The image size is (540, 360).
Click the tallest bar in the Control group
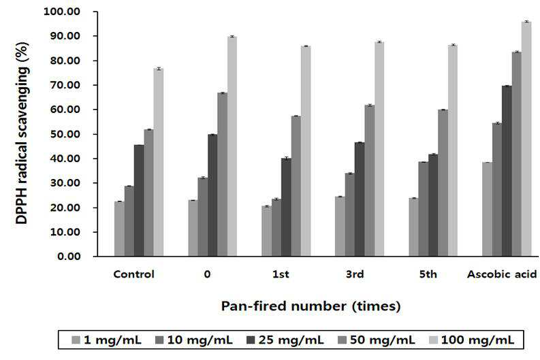tap(159, 163)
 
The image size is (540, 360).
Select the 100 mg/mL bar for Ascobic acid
tap(526, 139)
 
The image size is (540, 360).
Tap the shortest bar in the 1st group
tap(266, 231)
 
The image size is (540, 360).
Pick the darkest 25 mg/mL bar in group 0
tap(212, 195)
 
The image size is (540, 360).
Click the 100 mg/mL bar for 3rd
tap(379, 149)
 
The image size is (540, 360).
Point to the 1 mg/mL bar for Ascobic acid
tap(487, 209)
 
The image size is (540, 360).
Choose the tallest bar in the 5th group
tap(453, 151)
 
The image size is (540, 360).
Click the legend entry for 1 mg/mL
tap(107, 340)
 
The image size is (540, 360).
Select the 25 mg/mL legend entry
tap(285, 340)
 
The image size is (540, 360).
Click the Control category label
tap(134, 274)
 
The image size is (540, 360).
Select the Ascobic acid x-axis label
tap(502, 274)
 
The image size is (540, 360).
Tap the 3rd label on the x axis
tap(355, 274)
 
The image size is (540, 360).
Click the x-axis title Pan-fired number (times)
tap(311, 306)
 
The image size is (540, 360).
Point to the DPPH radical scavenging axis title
tap(22, 133)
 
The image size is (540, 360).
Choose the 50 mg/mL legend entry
tap(377, 340)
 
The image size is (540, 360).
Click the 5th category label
tap(428, 274)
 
